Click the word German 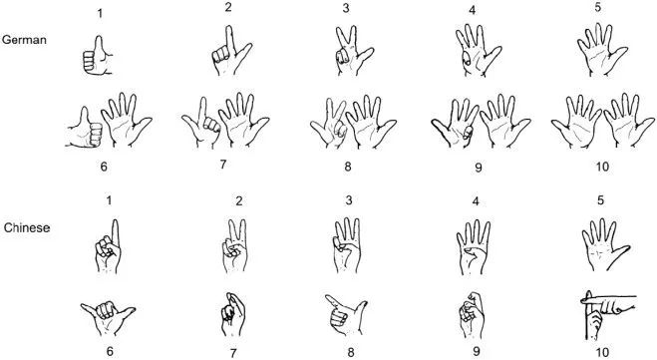pos(24,40)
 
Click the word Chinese pos(27,227)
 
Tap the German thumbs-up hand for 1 pos(98,56)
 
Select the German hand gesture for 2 pos(231,51)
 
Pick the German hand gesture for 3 pos(353,51)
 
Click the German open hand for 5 pos(602,50)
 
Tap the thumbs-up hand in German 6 pos(84,128)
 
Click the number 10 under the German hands pos(602,167)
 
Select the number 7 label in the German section pos(223,165)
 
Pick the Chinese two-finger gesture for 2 pos(234,246)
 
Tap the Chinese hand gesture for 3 pos(347,245)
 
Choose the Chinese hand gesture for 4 pos(474,247)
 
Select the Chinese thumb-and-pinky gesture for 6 pos(108,318)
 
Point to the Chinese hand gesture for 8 pos(346,314)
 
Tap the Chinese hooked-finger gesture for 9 pos(472,315)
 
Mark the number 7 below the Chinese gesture pos(233,353)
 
